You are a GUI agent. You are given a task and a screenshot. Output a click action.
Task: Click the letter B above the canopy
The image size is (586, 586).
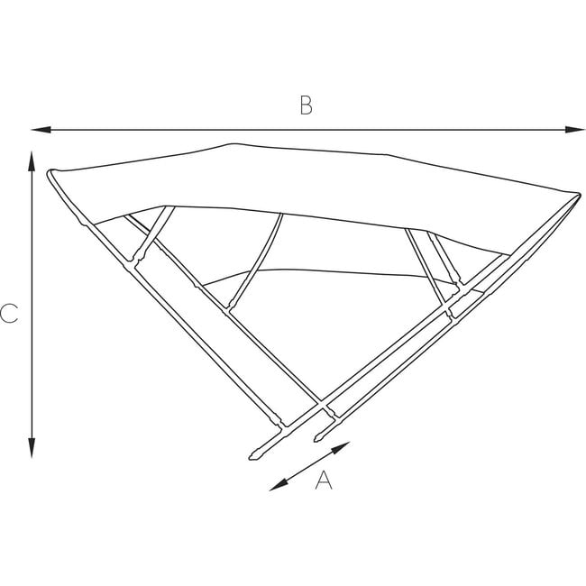click(306, 105)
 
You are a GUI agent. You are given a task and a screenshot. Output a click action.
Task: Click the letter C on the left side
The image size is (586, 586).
click(9, 314)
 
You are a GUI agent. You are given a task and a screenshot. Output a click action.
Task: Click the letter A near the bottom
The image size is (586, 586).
click(324, 481)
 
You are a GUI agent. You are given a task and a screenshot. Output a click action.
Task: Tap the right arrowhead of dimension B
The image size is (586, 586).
click(578, 131)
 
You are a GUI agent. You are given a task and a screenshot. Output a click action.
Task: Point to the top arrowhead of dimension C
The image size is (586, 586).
click(32, 159)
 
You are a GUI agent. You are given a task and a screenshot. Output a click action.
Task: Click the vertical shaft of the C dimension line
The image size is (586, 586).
click(32, 307)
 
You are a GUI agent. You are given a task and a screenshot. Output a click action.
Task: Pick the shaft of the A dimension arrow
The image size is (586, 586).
click(310, 466)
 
